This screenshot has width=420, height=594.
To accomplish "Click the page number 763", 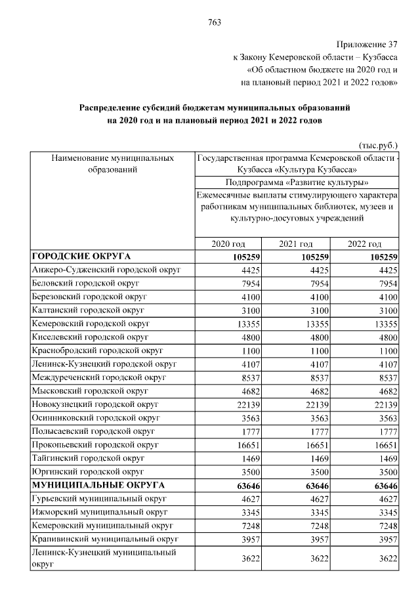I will (x=215, y=23).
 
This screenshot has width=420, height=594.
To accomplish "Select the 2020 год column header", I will (x=228, y=244).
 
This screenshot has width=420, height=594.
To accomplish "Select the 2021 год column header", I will (x=295, y=244).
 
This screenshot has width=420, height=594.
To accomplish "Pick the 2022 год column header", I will (x=365, y=244).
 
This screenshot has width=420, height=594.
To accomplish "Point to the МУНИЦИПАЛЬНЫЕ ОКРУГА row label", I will (x=94, y=485).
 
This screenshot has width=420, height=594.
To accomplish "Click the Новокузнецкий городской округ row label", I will (x=95, y=404).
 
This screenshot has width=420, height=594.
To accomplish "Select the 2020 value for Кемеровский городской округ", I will (x=248, y=324).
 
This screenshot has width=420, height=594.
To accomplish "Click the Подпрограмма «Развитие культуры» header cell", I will (x=296, y=182).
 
